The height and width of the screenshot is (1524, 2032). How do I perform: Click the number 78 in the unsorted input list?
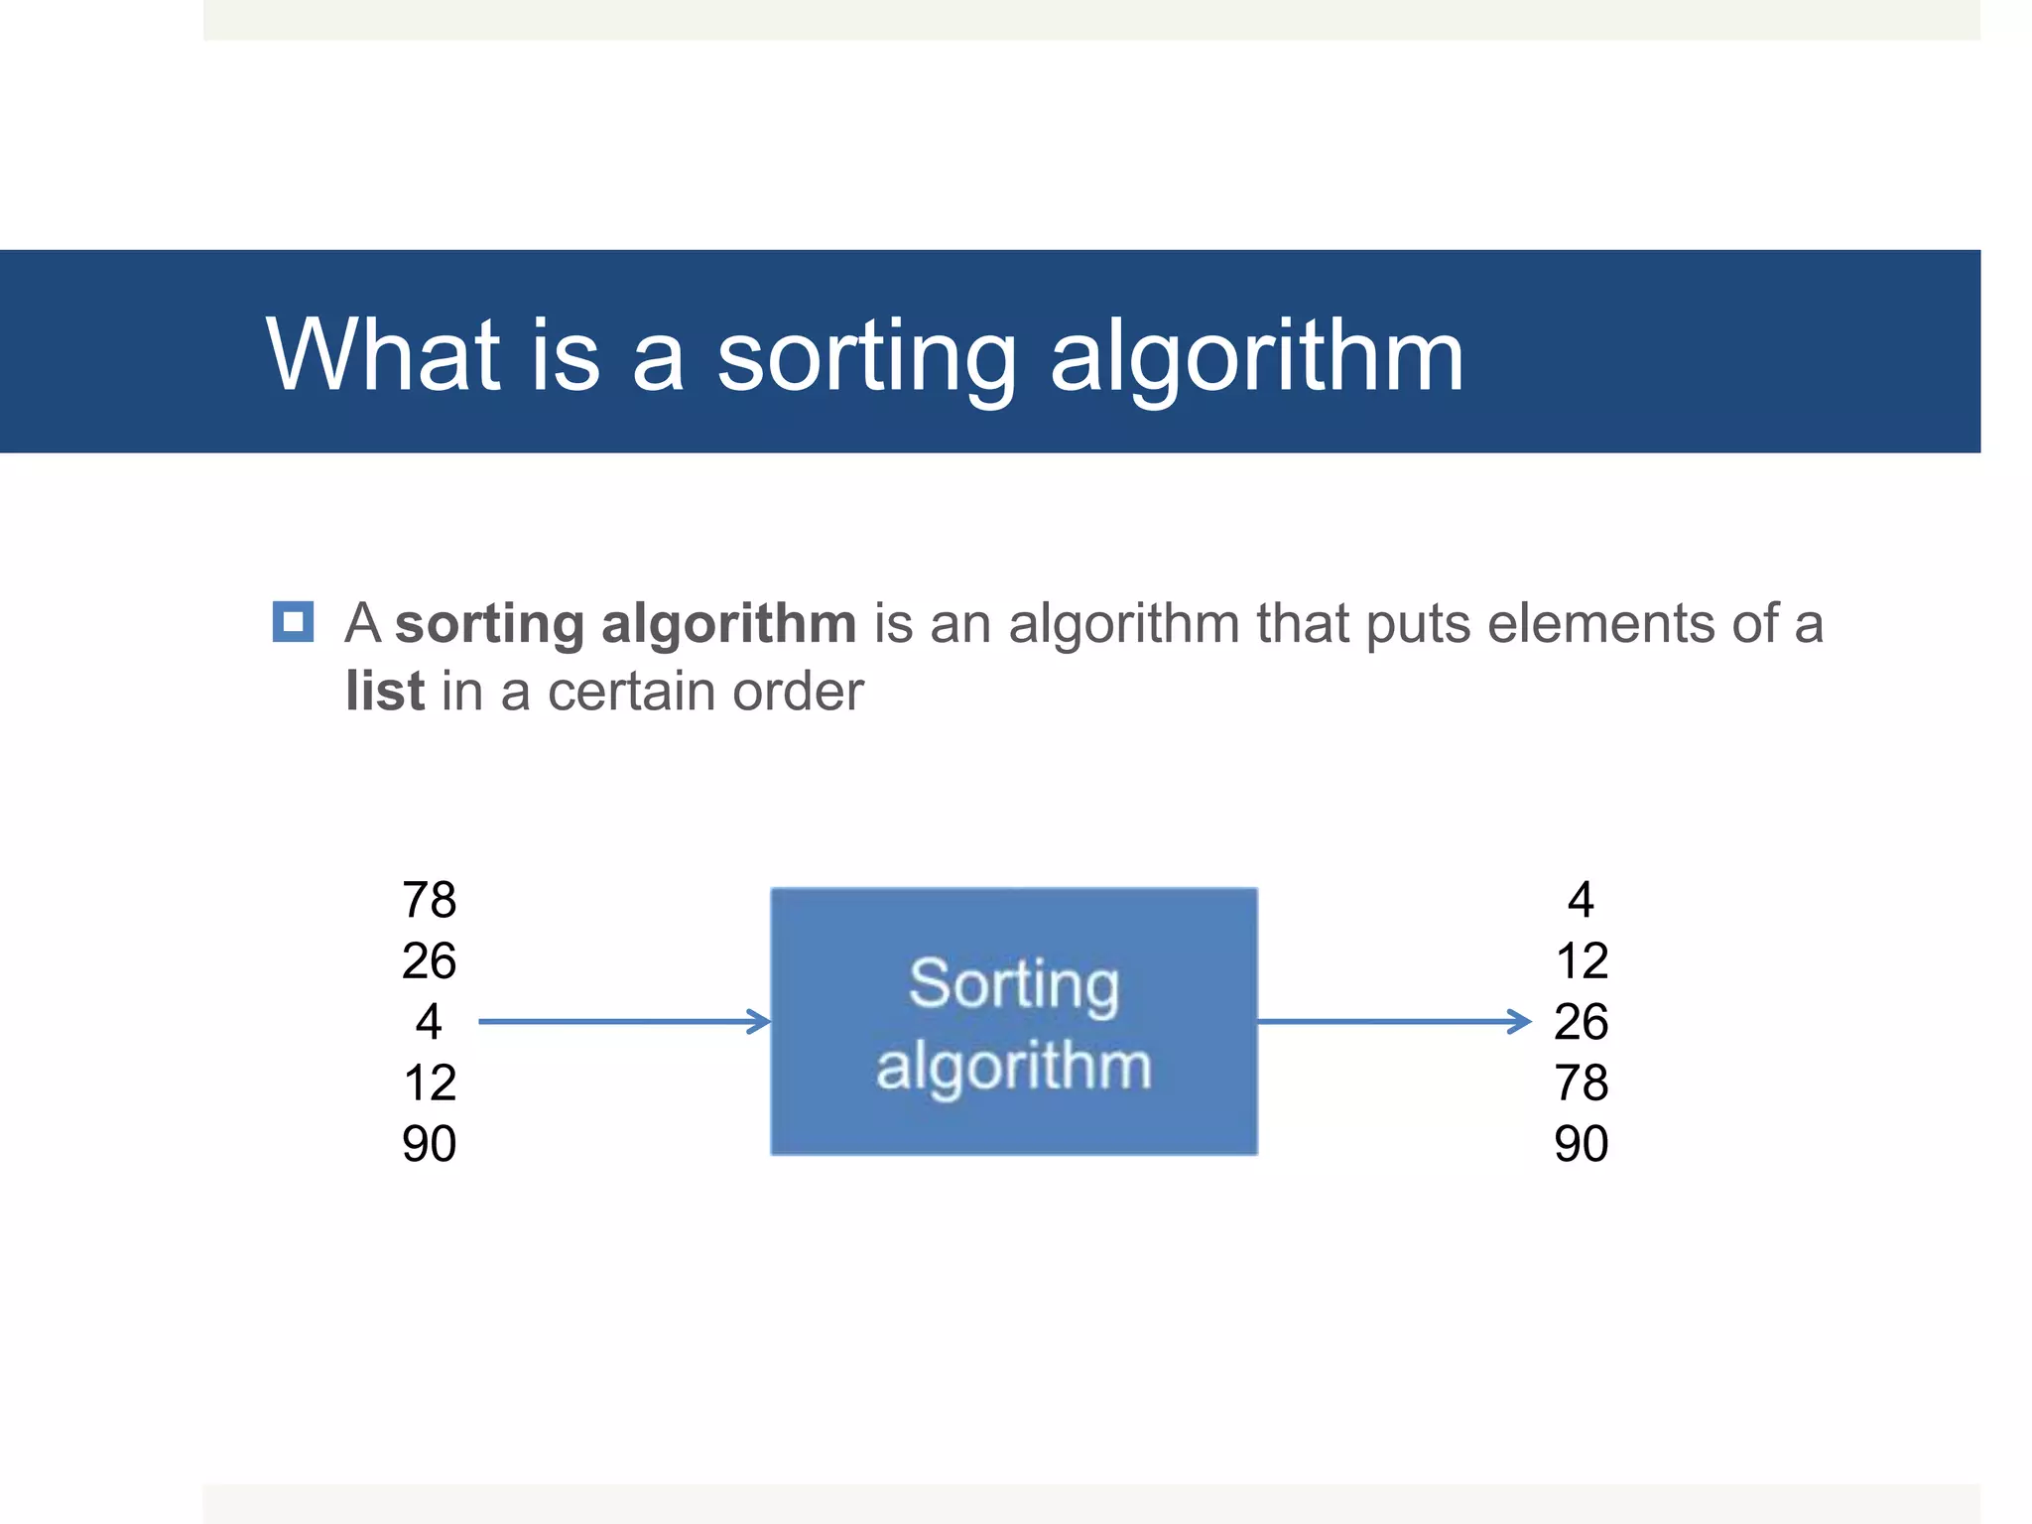coord(429,900)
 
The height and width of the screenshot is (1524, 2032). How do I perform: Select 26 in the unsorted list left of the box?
coord(429,960)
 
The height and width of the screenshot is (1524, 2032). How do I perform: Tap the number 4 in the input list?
coord(429,1021)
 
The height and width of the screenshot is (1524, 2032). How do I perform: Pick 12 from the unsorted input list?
coord(429,1082)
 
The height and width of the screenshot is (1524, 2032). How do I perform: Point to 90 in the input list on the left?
coord(429,1143)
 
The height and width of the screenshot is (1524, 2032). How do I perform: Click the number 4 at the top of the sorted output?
coord(1581,900)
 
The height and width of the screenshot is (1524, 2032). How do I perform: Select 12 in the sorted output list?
coord(1581,960)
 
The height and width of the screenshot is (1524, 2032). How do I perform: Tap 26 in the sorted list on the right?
coord(1581,1021)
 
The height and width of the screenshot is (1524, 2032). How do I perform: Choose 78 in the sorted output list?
coord(1581,1082)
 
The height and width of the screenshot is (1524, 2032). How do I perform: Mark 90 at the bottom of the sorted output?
coord(1581,1143)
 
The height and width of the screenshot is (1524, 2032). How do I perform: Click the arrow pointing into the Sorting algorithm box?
coord(625,1021)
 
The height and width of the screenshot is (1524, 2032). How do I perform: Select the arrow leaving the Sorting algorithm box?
coord(1394,1021)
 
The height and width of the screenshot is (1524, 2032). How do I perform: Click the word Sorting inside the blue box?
coord(1014,984)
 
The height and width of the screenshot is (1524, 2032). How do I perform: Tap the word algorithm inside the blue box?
coord(1014,1067)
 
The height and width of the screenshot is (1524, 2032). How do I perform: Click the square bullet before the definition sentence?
coord(293,622)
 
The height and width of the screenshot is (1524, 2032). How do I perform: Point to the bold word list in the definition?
coord(385,691)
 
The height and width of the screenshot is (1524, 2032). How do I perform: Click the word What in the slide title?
coord(382,354)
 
